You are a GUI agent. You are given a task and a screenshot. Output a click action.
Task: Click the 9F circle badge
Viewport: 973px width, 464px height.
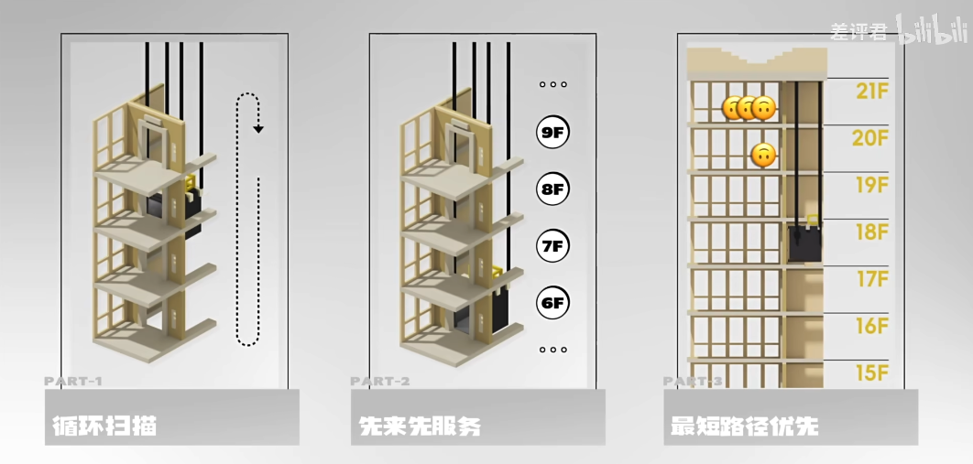click(x=552, y=133)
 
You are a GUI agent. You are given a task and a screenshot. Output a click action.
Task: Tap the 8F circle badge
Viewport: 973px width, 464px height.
click(x=552, y=189)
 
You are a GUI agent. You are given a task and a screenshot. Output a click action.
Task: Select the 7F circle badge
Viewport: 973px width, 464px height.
click(x=552, y=245)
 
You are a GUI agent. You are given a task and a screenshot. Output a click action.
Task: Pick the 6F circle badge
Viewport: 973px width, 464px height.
click(x=552, y=302)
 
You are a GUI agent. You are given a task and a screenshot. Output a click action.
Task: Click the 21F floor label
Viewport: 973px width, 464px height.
click(x=871, y=91)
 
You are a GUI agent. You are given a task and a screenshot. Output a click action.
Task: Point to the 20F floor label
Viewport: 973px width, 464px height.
click(x=871, y=138)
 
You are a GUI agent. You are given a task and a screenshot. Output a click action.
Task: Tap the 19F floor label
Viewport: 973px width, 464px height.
click(x=871, y=185)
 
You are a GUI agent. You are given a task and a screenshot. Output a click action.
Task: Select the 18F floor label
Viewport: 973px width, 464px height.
click(x=871, y=232)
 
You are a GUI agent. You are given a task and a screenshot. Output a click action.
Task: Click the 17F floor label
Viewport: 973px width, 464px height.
click(x=871, y=278)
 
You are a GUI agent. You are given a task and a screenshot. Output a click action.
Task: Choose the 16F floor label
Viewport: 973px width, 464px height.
click(x=871, y=326)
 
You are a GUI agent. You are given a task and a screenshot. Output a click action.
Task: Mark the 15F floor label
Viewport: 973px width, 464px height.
click(x=871, y=372)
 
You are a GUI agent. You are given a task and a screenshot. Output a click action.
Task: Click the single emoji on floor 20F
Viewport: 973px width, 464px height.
click(x=762, y=156)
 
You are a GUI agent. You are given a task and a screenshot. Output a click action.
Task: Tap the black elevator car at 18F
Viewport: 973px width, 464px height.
click(x=805, y=244)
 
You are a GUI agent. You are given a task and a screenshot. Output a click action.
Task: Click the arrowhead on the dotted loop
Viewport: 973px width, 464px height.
click(x=258, y=129)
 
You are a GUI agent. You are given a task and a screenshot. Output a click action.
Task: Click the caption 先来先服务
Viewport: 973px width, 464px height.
click(x=420, y=426)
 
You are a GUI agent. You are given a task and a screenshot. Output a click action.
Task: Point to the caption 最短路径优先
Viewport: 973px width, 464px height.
click(x=744, y=426)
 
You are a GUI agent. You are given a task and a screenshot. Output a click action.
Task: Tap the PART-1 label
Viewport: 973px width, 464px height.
click(x=73, y=381)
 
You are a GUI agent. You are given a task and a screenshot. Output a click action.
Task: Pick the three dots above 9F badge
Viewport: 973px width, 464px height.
click(x=552, y=84)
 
